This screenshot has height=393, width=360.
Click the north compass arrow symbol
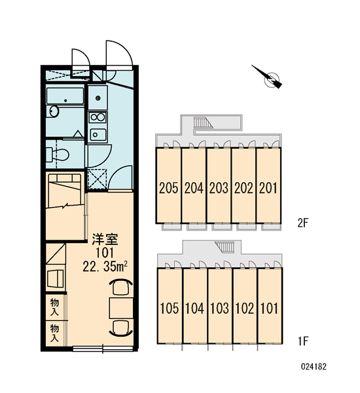(270, 78)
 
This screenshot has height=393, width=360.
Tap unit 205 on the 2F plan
(168, 186)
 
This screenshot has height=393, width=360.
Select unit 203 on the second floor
(219, 186)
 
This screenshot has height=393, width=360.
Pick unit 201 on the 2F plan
(268, 186)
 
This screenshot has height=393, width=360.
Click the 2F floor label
(302, 223)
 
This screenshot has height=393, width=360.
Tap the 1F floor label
(302, 341)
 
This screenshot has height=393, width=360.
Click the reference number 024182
(314, 367)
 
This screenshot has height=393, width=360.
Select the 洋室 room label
(105, 239)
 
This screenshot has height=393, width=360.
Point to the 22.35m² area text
(105, 267)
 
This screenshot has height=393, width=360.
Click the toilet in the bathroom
(58, 154)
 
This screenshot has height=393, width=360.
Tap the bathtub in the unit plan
(65, 96)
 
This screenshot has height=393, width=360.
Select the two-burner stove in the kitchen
(98, 117)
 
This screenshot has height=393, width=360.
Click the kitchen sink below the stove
(98, 135)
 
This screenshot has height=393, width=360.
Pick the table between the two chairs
(121, 308)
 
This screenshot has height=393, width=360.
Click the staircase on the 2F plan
(203, 122)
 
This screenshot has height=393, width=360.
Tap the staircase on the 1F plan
(225, 248)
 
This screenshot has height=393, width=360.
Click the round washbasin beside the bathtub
(54, 111)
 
